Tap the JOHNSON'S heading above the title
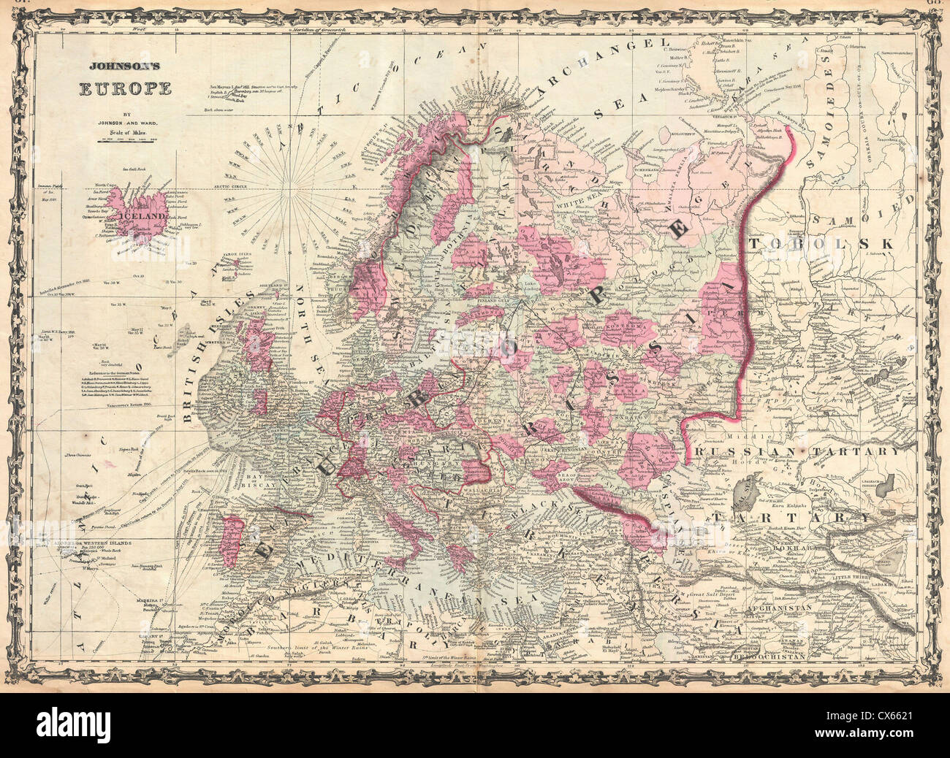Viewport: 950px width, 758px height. (126, 66)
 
